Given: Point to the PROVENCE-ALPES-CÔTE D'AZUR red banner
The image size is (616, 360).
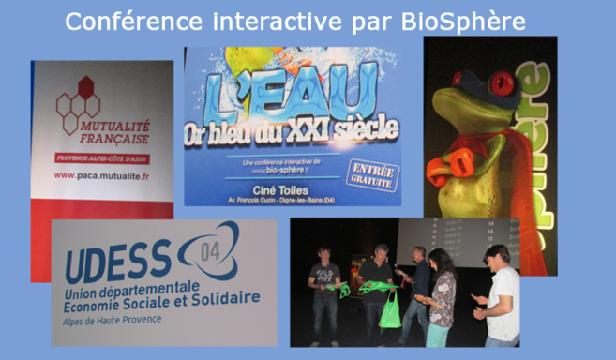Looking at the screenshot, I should click(x=100, y=156).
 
